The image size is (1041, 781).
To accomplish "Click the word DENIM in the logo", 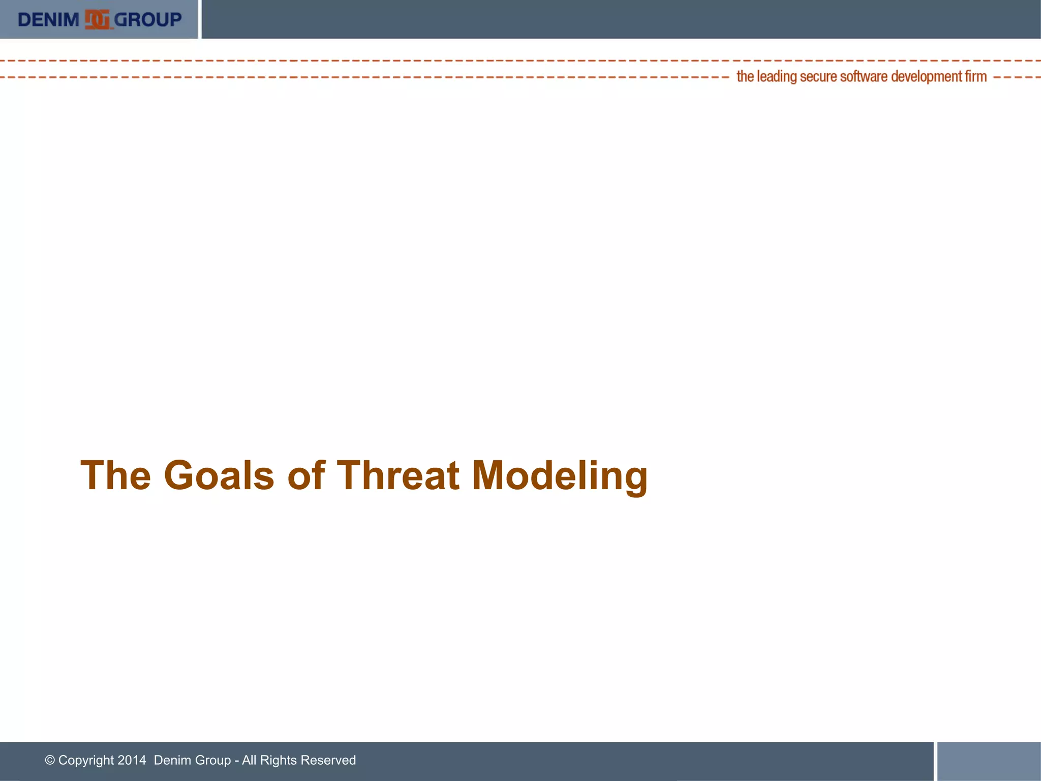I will click(48, 20).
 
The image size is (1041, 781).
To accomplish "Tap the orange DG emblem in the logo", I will click(97, 20).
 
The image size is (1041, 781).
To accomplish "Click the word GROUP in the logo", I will click(148, 20).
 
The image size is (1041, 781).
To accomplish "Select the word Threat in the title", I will click(398, 475).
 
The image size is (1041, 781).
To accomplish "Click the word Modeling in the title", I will click(560, 475).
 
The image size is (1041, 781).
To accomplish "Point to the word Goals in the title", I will click(219, 475).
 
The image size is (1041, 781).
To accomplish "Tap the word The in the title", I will click(116, 475).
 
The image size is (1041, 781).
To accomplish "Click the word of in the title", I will click(305, 475).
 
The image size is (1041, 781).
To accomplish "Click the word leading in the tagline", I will click(777, 77).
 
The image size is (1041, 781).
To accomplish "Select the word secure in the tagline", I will click(818, 77).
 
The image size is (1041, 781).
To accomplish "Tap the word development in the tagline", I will click(927, 77).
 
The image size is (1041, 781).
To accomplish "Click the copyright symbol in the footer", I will click(50, 760).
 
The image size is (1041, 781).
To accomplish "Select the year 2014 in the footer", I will click(132, 760).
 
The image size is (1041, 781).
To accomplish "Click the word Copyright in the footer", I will click(86, 760).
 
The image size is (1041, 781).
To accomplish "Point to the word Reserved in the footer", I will click(328, 760).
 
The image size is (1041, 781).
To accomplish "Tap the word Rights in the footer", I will click(278, 760).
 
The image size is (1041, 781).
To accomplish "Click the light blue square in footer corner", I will click(989, 761).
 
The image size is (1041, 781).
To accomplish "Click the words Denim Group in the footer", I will click(192, 760).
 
